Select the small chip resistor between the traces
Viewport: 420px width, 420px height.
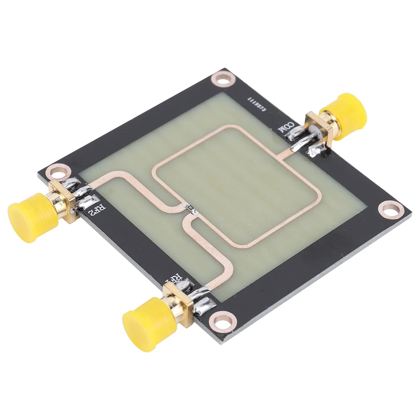190,208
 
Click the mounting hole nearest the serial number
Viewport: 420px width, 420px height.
222,78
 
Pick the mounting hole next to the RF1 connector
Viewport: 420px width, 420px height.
220,320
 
